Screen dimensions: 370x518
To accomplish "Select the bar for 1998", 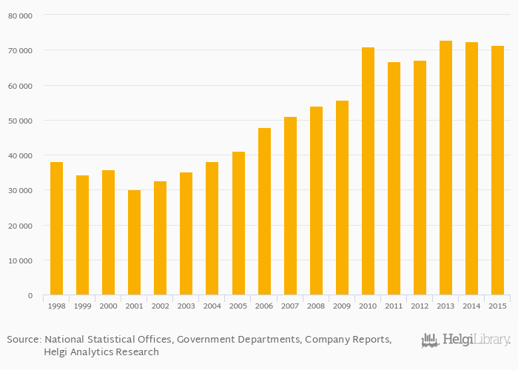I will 56,229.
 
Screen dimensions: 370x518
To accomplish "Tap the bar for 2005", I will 238,223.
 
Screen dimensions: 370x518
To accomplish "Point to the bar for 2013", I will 445,168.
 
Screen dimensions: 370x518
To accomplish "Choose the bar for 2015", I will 497,170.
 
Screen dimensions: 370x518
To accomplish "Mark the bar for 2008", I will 316,201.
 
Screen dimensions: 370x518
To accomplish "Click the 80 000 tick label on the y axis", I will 20,16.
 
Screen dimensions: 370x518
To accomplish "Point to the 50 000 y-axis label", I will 20,121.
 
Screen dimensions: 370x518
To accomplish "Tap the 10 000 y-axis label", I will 20,260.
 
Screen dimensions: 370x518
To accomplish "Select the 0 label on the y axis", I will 30,296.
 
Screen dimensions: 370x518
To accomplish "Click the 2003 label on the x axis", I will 186,305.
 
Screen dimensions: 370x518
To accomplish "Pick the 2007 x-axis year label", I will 290,305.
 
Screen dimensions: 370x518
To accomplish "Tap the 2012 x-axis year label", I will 420,305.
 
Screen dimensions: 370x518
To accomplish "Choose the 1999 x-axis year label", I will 82,305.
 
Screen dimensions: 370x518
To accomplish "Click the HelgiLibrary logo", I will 465,340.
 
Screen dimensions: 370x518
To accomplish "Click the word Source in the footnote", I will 23,340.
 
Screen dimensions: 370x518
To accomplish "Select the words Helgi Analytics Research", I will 101,352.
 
